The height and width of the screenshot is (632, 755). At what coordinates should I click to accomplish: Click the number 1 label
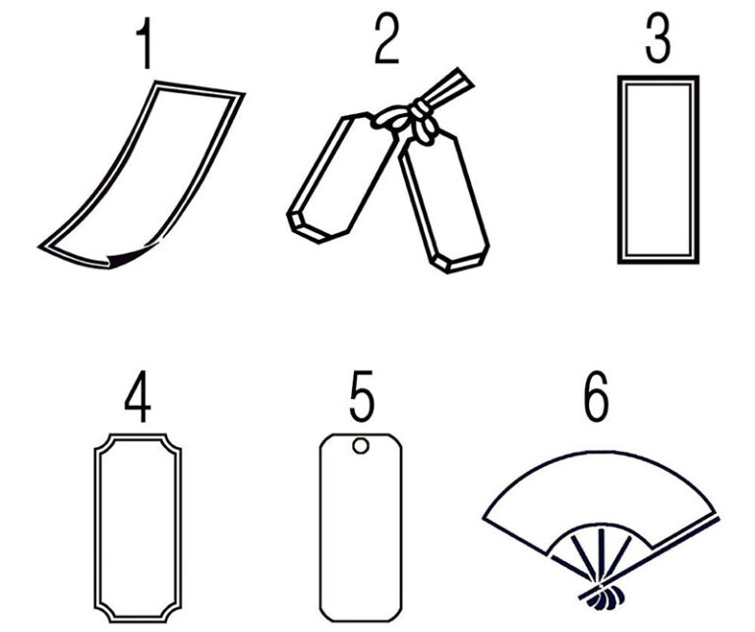pos(145,44)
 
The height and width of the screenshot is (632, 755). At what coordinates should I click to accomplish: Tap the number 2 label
pos(386,38)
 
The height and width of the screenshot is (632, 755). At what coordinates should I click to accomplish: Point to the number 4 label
pos(139,396)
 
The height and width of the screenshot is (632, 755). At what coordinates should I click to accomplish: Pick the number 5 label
pos(361,395)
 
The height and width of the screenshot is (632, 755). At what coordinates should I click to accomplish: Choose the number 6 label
pos(596,396)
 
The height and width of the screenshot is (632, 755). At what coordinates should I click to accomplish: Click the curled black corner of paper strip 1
pos(125,258)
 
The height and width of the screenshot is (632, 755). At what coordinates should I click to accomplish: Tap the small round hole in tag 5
pos(361,445)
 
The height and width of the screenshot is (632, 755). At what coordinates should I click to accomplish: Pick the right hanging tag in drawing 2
pos(443,202)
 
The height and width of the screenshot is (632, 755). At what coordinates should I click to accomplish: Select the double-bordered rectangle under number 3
pos(659,169)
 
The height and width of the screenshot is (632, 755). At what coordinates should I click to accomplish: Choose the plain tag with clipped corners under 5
pos(361,528)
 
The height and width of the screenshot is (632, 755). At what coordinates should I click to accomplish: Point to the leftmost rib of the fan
pos(581,557)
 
